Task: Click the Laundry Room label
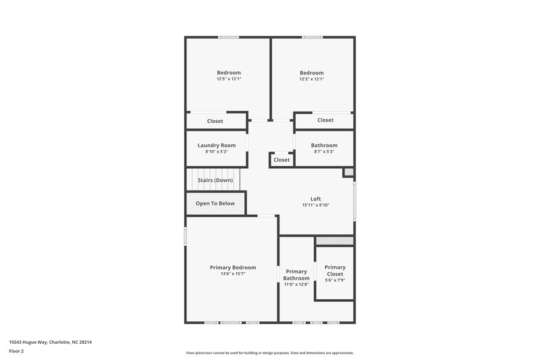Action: pos(217,145)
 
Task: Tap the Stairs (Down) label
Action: pos(215,180)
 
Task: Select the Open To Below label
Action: pos(215,203)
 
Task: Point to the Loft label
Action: pos(316,199)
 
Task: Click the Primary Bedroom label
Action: pos(233,267)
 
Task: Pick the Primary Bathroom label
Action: pos(296,275)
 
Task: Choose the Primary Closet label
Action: pos(335,270)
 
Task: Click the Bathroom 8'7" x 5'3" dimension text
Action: pos(324,151)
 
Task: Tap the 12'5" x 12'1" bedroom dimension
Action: pos(229,79)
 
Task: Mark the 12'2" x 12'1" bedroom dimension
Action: pos(312,79)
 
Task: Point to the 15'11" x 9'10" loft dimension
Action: pos(316,205)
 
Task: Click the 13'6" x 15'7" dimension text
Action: pos(233,274)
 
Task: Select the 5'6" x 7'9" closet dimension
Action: pos(335,280)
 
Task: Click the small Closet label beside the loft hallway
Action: pos(281,160)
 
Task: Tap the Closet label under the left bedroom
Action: pos(215,122)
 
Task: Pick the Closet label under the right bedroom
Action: pos(325,120)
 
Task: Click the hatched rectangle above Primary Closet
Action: pos(335,240)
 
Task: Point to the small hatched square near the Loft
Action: pos(348,173)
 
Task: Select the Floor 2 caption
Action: pos(17,351)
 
